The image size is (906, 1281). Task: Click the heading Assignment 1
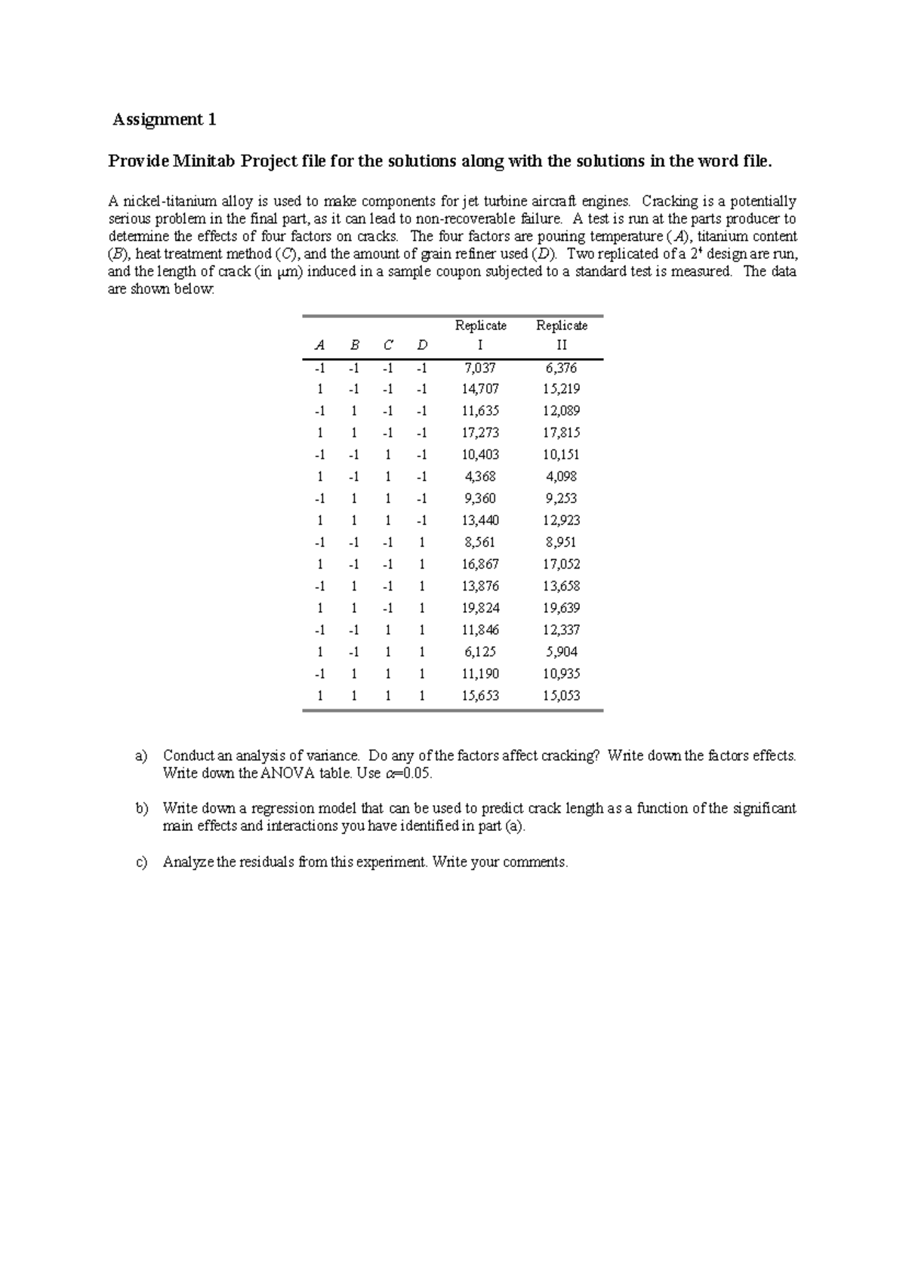pyautogui.click(x=165, y=119)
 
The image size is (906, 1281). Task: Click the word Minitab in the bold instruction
pyautogui.click(x=203, y=161)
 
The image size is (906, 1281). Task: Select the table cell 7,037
pyautogui.click(x=480, y=368)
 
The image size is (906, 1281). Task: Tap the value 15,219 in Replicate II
pyautogui.click(x=561, y=390)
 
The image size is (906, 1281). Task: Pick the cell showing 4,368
pyautogui.click(x=480, y=477)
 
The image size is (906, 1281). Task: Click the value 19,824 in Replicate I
pyautogui.click(x=480, y=609)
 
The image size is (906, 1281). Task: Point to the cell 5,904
pyautogui.click(x=561, y=653)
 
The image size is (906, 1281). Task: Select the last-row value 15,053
pyautogui.click(x=561, y=696)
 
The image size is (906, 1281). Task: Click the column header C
pyautogui.click(x=387, y=346)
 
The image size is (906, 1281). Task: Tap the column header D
pyautogui.click(x=422, y=346)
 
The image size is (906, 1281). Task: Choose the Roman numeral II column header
pyautogui.click(x=561, y=346)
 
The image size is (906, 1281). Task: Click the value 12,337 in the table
pyautogui.click(x=561, y=631)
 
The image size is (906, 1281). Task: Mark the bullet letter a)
pyautogui.click(x=141, y=755)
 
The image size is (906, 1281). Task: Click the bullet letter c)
pyautogui.click(x=141, y=863)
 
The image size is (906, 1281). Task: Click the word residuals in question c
pyautogui.click(x=267, y=863)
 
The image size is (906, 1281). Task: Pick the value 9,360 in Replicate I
pyautogui.click(x=480, y=499)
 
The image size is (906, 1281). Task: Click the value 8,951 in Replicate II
pyautogui.click(x=561, y=543)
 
